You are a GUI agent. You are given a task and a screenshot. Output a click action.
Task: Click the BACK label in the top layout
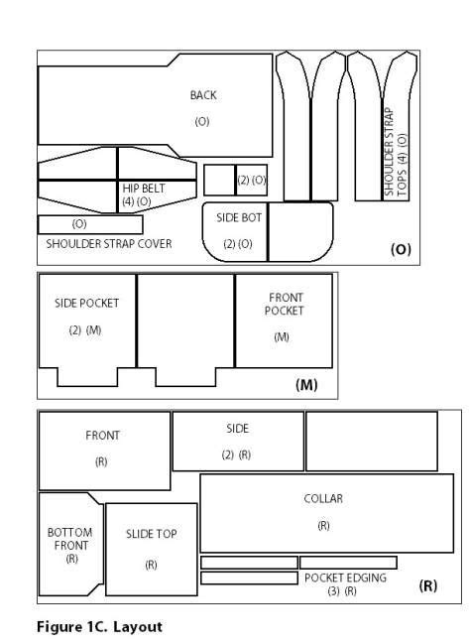pos(203,95)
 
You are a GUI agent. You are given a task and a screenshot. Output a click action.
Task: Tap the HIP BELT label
pos(144,189)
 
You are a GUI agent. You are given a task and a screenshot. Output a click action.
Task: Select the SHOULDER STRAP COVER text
pos(109,244)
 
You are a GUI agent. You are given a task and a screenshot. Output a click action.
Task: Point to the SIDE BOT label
pos(239,217)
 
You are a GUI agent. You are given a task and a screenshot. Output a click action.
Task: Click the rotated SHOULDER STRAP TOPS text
pos(396,152)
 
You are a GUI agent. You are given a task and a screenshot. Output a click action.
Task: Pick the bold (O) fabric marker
pos(401,249)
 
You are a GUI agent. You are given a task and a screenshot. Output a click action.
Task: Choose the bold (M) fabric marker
pos(306,385)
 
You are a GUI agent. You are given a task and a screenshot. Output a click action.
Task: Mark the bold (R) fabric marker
pos(428,585)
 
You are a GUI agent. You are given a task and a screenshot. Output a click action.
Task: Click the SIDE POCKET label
pos(86,303)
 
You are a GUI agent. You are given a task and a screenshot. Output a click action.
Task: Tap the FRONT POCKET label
pos(285,304)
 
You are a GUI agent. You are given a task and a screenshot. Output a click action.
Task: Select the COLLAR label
pos(323,498)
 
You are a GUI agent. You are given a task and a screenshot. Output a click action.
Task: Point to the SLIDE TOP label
pos(152,534)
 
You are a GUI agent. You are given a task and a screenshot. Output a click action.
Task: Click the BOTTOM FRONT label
pos(70,539)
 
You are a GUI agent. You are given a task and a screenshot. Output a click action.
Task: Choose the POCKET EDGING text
pos(345,578)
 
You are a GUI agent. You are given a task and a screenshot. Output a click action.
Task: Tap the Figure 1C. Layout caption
pos(99,627)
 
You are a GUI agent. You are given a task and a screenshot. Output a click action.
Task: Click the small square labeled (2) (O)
pos(252,180)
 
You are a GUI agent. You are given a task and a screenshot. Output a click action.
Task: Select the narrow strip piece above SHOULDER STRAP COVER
pos(90,224)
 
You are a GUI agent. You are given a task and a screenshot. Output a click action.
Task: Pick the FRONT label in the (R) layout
pos(102,436)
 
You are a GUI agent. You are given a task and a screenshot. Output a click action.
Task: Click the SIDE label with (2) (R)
pos(238,429)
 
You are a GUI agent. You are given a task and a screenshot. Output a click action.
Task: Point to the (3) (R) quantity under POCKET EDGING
pos(342,591)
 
